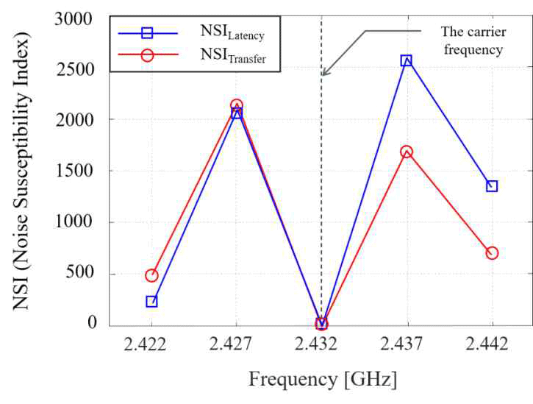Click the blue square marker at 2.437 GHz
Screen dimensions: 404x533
(x=407, y=60)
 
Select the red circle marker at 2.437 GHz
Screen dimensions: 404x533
(x=407, y=152)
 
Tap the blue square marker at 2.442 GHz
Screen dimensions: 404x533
(x=492, y=186)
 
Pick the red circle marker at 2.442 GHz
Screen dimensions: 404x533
(x=492, y=253)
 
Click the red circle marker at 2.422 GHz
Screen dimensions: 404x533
(x=151, y=275)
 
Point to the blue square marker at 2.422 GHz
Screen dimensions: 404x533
(x=151, y=301)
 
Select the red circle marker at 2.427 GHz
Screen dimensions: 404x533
(x=236, y=106)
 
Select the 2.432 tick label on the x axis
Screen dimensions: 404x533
(x=321, y=345)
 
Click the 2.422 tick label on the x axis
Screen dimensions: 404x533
(x=151, y=345)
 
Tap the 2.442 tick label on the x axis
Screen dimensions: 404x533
(x=492, y=345)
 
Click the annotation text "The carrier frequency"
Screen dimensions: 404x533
(x=471, y=40)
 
